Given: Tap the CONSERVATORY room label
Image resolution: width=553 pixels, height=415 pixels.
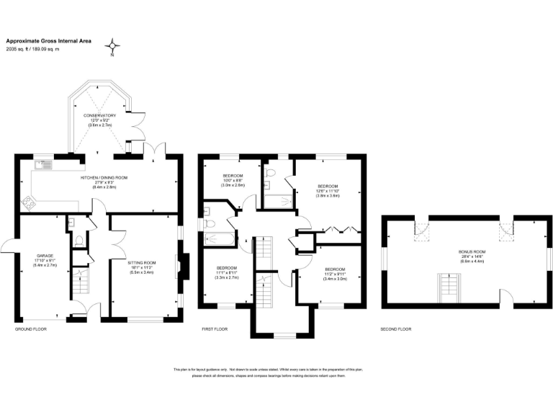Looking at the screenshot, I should coord(99,115).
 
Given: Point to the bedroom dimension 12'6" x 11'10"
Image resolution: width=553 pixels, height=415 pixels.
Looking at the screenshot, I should coord(328,190).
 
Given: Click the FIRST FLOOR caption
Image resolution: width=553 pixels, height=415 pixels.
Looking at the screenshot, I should coord(215,329).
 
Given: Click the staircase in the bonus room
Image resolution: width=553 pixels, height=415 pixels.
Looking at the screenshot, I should coord(448,288).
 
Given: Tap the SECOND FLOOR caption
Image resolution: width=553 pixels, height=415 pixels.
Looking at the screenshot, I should coord(396,329).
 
